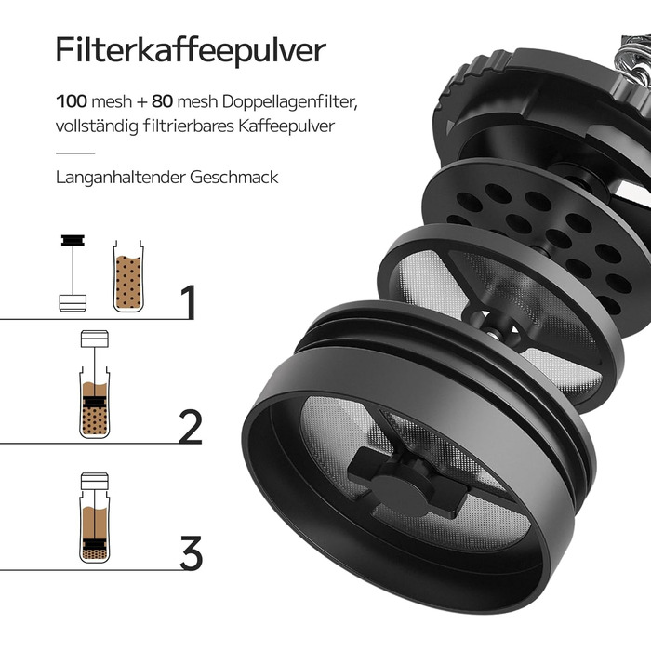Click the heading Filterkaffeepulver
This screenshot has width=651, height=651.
191,50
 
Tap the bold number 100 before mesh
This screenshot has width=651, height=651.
72,101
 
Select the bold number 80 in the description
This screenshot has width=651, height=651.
162,101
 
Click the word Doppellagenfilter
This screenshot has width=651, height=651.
289,102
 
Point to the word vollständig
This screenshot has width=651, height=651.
97,126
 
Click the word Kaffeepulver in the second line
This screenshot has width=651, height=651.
286,126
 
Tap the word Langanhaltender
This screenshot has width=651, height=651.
120,178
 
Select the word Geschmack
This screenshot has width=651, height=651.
234,178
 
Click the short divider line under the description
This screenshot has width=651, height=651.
75,153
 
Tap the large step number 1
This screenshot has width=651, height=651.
188,302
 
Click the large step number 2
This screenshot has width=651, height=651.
190,426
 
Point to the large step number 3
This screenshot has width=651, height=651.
191,552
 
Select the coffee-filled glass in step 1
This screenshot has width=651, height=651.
128,276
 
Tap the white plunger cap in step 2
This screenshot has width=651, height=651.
95,339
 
